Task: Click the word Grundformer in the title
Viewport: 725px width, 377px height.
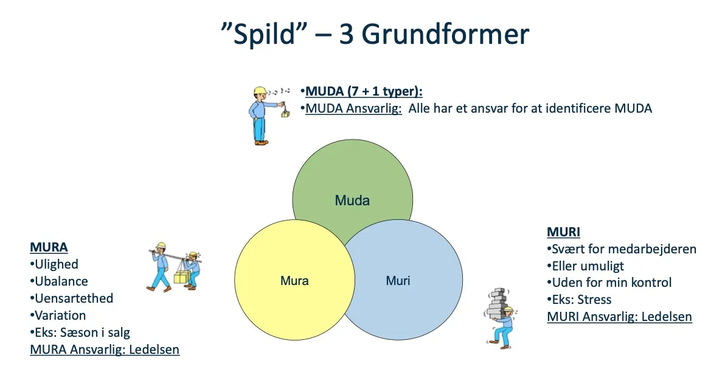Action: (445, 35)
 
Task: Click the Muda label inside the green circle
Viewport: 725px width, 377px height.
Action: (352, 200)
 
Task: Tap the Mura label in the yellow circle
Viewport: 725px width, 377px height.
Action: (294, 281)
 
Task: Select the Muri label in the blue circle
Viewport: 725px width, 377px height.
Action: (398, 281)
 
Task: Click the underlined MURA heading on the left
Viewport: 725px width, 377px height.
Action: (49, 247)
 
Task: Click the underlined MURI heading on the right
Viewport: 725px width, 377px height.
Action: (563, 232)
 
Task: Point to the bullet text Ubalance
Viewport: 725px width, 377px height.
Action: (61, 281)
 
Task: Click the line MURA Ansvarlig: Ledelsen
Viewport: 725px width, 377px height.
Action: (105, 350)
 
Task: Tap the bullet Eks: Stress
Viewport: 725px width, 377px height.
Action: (581, 300)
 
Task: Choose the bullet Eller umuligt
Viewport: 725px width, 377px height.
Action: (588, 266)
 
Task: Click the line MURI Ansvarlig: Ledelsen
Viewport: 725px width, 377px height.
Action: (619, 317)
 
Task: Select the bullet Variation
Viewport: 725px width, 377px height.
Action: (60, 315)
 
